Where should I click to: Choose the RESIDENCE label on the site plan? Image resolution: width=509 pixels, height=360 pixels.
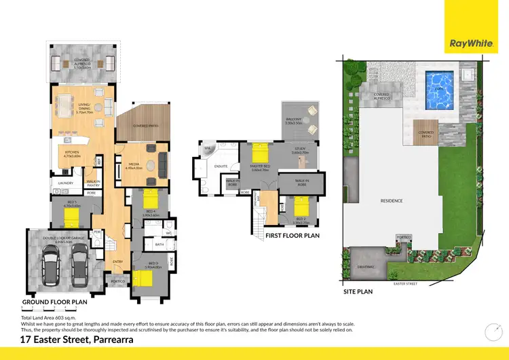pyautogui.click(x=392, y=201)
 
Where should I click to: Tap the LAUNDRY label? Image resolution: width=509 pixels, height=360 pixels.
pyautogui.click(x=66, y=183)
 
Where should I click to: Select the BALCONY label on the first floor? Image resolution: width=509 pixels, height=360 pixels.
pyautogui.click(x=294, y=120)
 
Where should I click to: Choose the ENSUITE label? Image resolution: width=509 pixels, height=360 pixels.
pyautogui.click(x=220, y=165)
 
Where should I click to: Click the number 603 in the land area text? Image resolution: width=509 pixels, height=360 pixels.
pyautogui.click(x=57, y=317)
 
